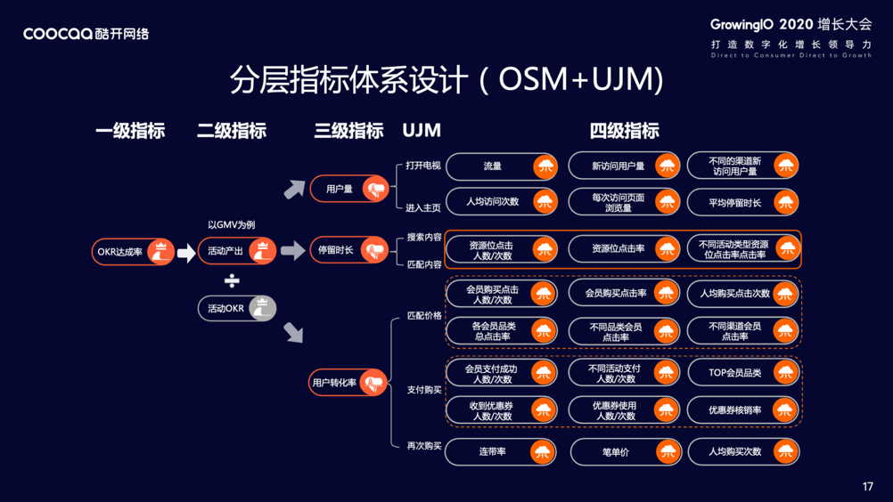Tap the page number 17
[x=868, y=487]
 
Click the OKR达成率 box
[x=133, y=252]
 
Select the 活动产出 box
[x=236, y=251]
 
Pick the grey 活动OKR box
[x=236, y=309]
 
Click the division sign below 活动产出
[x=232, y=281]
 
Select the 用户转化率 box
[x=348, y=383]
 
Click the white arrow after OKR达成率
[x=185, y=253]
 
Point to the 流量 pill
[x=501, y=166]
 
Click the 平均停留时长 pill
[x=743, y=203]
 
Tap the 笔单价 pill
[x=624, y=452]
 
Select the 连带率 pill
[x=501, y=452]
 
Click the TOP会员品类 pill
[x=743, y=373]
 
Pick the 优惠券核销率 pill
[x=743, y=410]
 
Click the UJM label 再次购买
[x=423, y=446]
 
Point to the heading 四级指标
[x=624, y=131]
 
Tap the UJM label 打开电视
[x=422, y=166]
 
